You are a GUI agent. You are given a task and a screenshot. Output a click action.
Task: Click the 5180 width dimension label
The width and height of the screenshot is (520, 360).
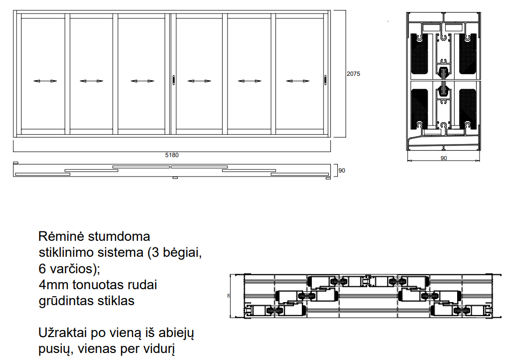pos(172,155)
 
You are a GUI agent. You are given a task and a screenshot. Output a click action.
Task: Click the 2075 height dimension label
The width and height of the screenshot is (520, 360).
pos(353,74)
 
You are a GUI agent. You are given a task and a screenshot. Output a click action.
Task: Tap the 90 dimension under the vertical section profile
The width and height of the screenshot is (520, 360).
pos(443,158)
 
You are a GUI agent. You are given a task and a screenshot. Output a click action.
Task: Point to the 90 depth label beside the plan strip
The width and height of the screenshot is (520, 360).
pos(341,171)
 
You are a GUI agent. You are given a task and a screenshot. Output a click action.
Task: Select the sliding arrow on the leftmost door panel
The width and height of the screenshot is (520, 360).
pos(45,81)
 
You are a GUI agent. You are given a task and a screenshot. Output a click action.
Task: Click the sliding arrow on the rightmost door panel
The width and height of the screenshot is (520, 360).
pos(297,81)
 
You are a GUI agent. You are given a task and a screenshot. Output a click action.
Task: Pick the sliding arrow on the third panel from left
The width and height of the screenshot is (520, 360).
pos(142,81)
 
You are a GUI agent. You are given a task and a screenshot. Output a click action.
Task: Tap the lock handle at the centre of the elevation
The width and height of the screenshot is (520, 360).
pos(174,80)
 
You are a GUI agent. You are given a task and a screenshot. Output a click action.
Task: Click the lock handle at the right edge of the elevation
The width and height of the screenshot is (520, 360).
pos(325,80)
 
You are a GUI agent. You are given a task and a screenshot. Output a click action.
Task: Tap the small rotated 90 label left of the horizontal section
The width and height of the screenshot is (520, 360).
pos(229,295)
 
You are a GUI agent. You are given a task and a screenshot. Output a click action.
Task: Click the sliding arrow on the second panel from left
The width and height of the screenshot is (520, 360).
pos(91,81)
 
